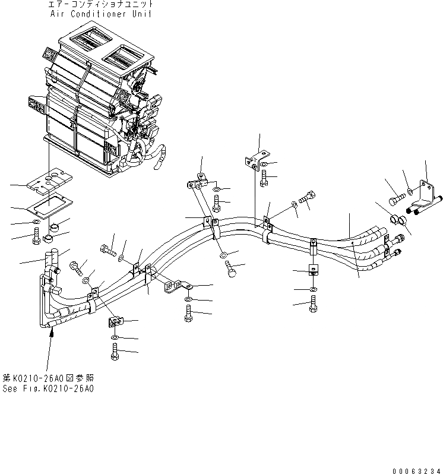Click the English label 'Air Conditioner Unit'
tap(101, 14)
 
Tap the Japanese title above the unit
tap(101, 5)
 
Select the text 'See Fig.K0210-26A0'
tap(48, 388)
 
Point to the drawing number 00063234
tap(418, 469)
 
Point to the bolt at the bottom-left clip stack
tap(114, 352)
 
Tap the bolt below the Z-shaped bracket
tap(188, 314)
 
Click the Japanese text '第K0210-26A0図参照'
tap(48, 378)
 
